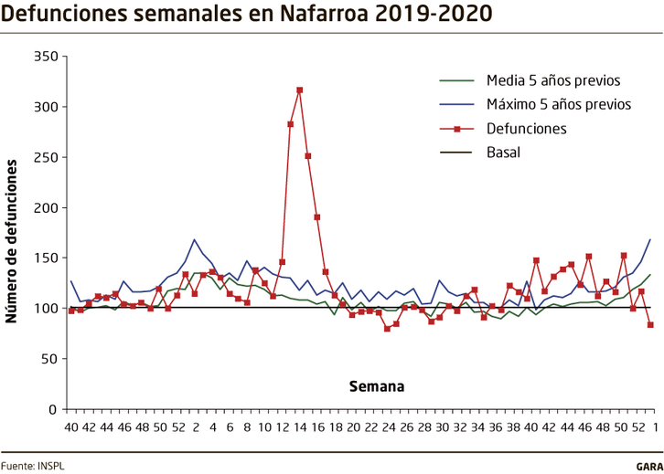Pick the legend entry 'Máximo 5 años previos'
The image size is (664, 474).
tap(558, 104)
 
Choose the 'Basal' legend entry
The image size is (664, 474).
tap(503, 152)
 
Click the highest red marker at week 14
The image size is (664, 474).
tap(300, 90)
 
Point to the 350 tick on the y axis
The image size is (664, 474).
tap(46, 57)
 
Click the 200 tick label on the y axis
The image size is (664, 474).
tap(46, 207)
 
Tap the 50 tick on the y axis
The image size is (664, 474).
tap(49, 359)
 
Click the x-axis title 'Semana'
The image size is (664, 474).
tap(376, 385)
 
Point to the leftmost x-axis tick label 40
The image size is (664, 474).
tap(70, 427)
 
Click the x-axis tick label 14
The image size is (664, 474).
tap(300, 427)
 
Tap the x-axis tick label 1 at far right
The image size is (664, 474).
tap(652, 427)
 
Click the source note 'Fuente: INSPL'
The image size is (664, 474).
tap(33, 465)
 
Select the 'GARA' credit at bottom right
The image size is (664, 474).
tap(649, 465)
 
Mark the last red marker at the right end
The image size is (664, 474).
tap(650, 324)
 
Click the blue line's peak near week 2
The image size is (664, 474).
tap(195, 239)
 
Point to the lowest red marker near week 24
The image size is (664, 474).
tap(387, 328)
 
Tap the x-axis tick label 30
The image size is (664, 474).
tap(442, 427)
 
